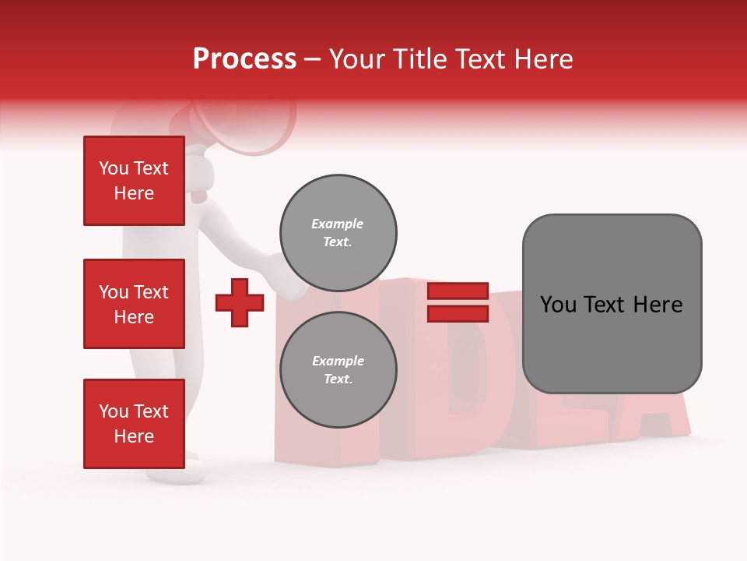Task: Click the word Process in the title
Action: (244, 59)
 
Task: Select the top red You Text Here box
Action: (134, 181)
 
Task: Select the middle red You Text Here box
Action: (134, 304)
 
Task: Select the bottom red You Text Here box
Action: (134, 424)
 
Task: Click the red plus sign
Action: (240, 302)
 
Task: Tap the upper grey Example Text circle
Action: (338, 232)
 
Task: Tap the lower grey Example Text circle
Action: (338, 369)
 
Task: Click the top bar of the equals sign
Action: (458, 291)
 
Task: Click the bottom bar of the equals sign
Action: (458, 313)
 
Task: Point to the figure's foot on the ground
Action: (187, 472)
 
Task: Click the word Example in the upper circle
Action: (338, 224)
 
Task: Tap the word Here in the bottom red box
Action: (134, 436)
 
